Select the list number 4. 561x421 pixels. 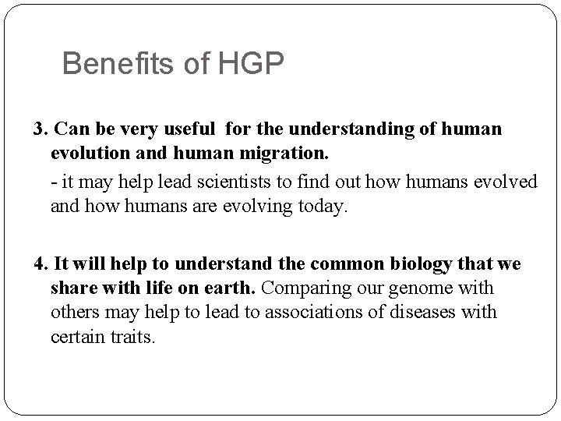pyautogui.click(x=41, y=264)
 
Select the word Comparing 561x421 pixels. pyautogui.click(x=301, y=288)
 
